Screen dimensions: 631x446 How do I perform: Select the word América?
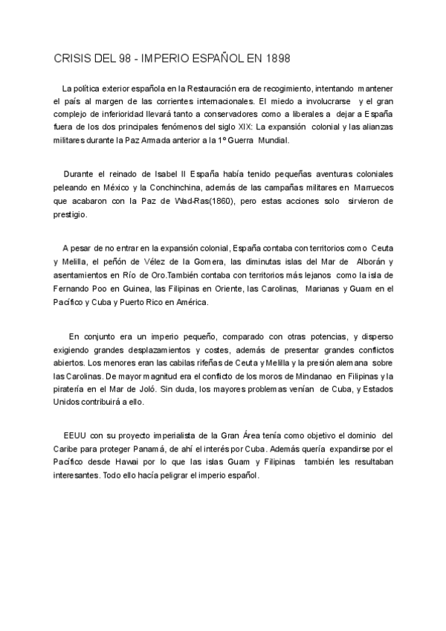coord(190,302)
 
